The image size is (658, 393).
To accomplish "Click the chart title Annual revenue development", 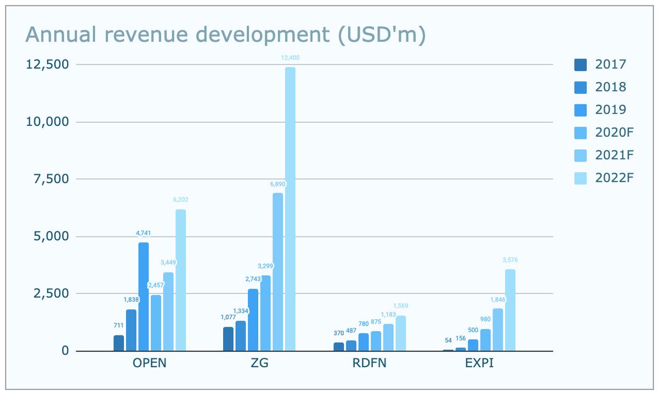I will (226, 35).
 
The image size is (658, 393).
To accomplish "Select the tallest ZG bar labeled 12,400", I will (290, 208).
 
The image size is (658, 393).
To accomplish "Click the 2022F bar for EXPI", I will (510, 310).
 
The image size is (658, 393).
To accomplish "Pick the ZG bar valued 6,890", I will (278, 271).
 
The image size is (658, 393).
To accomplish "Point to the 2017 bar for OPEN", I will (118, 343).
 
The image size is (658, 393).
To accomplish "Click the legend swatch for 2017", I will (580, 65).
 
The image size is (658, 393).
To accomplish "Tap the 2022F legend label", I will (614, 177).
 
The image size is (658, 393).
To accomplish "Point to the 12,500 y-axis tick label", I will (48, 65).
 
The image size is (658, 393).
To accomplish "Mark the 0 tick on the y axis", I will (65, 351).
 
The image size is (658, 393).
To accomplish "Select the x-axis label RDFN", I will (370, 363).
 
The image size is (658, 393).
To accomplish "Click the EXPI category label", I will (479, 363).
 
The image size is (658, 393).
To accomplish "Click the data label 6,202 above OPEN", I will (180, 200).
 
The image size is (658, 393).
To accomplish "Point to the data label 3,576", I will (510, 260).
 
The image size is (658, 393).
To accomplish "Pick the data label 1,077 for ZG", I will (228, 317).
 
